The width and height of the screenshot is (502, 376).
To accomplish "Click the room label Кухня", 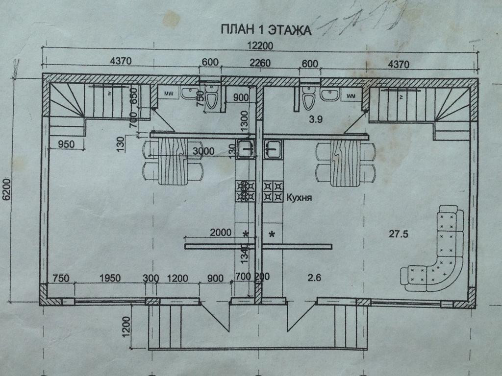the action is [299, 198].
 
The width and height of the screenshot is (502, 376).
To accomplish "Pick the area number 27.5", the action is [399, 234].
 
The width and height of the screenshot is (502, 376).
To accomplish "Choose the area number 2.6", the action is [314, 279].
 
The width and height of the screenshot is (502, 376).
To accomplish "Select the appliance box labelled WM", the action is [352, 95].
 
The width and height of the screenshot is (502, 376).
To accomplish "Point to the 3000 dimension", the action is [203, 151].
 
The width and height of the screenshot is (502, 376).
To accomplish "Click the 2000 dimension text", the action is [220, 233].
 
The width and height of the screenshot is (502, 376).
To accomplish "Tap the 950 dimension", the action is [66, 144].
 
